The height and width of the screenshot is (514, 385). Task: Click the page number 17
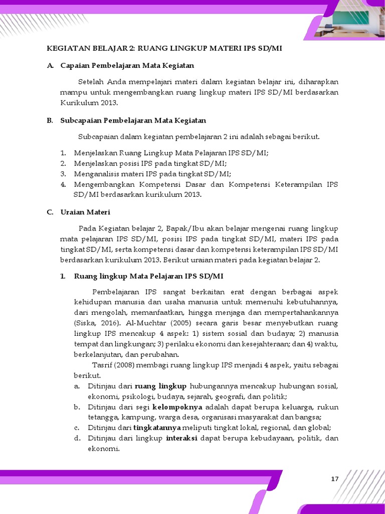click(335, 479)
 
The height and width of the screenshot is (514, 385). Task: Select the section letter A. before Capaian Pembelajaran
click(50, 65)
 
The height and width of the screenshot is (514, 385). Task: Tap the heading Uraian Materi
click(85, 212)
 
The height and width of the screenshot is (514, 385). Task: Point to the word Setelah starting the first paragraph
click(92, 82)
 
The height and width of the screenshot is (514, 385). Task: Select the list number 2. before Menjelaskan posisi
click(63, 164)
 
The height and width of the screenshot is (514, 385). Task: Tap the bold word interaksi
click(181, 438)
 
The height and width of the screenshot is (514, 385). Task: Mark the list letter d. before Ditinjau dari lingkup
click(77, 438)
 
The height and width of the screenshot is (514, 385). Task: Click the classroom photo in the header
click(346, 21)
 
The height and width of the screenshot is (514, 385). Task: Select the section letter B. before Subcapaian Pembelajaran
click(50, 120)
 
